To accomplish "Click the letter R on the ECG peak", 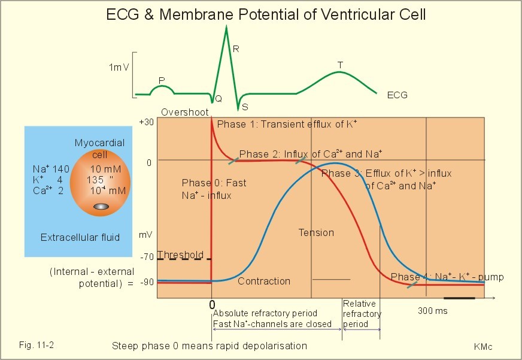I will click(x=236, y=49).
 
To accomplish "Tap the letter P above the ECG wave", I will click(x=162, y=80).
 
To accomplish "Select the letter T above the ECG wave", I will click(x=340, y=65).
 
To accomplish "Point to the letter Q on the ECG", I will click(x=218, y=99).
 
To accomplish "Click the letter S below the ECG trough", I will click(x=245, y=107).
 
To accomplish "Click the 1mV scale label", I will click(x=119, y=67).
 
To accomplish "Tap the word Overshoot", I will click(x=185, y=112).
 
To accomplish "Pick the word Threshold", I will click(x=180, y=254).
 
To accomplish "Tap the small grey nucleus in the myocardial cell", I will click(x=101, y=207).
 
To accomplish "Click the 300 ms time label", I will click(x=432, y=311).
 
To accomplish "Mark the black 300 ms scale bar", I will click(x=459, y=297).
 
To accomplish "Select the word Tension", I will click(x=316, y=232).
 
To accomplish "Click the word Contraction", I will click(x=264, y=281).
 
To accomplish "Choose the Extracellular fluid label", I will click(x=80, y=237).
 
